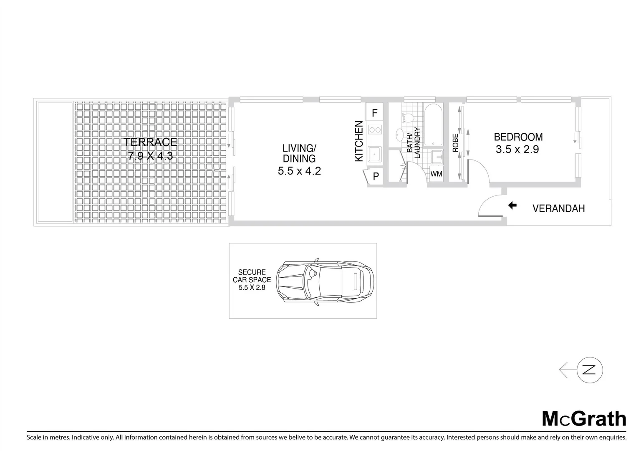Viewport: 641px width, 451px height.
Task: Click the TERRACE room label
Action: (150, 142)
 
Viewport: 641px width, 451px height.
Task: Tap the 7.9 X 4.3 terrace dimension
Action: (150, 156)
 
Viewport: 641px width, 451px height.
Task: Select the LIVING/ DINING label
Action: (299, 153)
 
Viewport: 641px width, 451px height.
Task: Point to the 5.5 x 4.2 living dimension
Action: (299, 171)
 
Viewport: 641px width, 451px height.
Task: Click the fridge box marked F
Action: (375, 113)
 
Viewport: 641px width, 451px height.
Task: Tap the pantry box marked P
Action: (375, 177)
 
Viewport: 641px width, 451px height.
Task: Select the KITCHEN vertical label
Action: (359, 141)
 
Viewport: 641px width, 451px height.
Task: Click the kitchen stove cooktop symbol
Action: (375, 130)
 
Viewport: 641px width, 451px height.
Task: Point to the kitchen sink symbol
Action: (375, 154)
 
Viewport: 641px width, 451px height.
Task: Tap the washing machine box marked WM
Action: (437, 174)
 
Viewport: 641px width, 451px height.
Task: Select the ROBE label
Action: (455, 143)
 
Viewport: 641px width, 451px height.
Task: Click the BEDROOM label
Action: (518, 137)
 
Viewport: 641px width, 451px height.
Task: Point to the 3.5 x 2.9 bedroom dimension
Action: (517, 149)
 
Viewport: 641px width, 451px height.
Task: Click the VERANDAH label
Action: (558, 208)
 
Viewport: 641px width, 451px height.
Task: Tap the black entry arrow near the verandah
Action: (512, 205)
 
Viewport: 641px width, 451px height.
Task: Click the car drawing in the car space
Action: (327, 281)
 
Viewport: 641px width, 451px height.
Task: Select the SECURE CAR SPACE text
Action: (252, 280)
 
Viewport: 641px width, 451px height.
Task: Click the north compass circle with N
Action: (590, 370)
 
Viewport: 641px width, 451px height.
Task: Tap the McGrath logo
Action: (584, 418)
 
